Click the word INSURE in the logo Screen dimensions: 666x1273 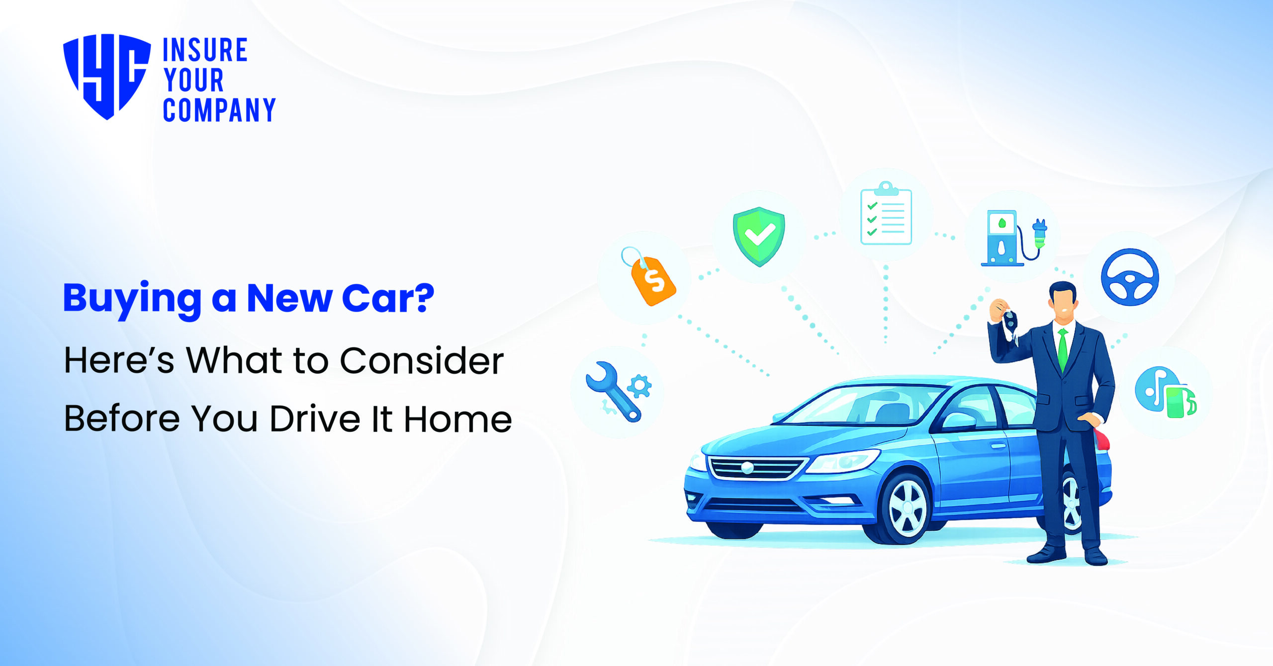point(205,50)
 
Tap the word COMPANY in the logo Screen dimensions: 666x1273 point(219,110)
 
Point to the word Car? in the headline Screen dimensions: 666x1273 point(388,298)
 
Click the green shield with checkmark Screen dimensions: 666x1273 point(759,236)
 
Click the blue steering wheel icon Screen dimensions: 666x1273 point(1130,277)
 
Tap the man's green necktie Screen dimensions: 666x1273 point(1063,348)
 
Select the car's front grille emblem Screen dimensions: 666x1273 point(747,468)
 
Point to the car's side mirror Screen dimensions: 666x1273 point(958,421)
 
